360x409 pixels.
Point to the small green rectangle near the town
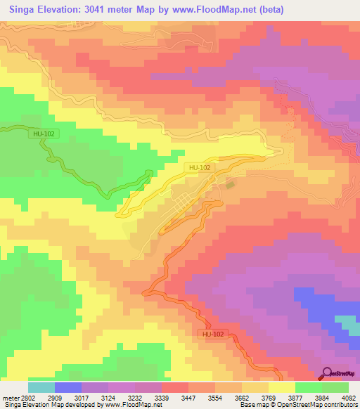pos(229,186)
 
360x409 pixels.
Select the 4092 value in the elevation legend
pos(349,398)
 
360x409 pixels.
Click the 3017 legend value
pos(72,398)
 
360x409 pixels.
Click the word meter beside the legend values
pos(9,398)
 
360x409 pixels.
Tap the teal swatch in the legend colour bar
pos(41,387)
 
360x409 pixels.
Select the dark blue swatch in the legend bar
pos(68,387)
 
